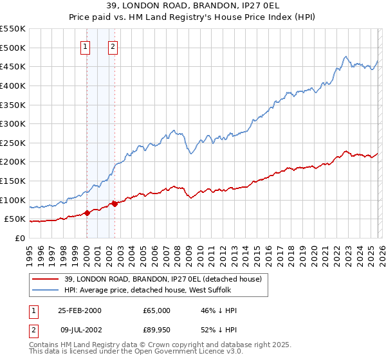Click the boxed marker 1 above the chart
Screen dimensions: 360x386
(x=86, y=46)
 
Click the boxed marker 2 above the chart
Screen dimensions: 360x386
(x=113, y=46)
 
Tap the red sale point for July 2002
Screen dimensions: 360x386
(x=115, y=204)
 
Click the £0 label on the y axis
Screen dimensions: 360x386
(x=21, y=238)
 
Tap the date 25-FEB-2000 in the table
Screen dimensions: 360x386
(x=79, y=310)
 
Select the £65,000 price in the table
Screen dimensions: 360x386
(x=157, y=310)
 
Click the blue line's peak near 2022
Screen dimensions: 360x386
(x=346, y=56)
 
